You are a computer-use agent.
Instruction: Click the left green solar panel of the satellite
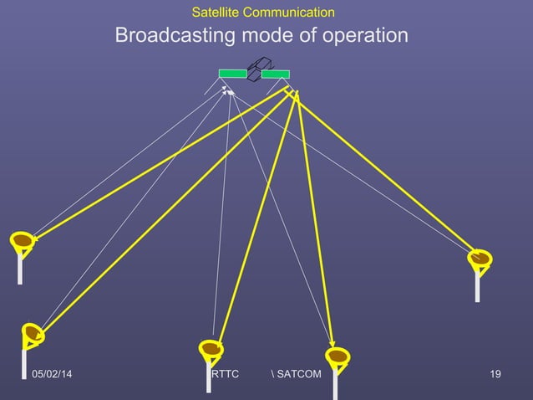(233, 74)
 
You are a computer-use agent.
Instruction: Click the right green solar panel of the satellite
(276, 74)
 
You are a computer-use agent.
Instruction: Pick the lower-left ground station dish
(33, 333)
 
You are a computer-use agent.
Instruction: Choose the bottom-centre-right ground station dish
(337, 358)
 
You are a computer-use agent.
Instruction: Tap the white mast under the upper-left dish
(19, 269)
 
